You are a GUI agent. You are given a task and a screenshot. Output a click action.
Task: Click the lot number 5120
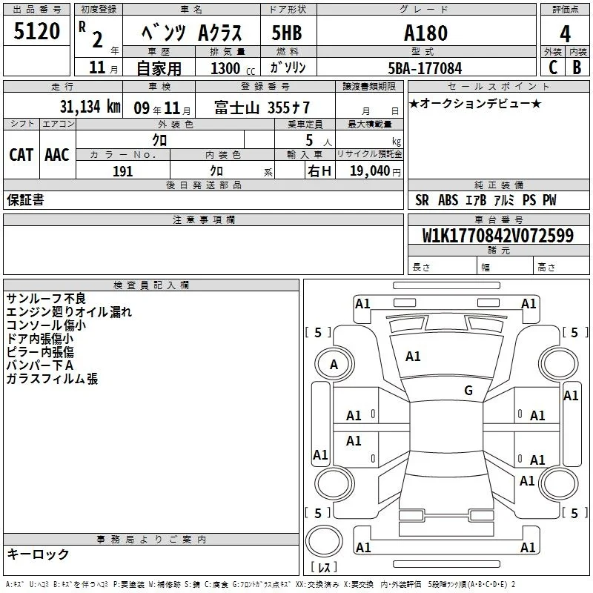click(x=36, y=31)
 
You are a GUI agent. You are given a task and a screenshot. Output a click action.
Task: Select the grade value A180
click(x=425, y=33)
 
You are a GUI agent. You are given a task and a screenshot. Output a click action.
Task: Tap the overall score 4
click(x=565, y=34)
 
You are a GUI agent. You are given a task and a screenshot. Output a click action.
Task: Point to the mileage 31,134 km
click(x=90, y=107)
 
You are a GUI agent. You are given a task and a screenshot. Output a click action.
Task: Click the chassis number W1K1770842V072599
click(x=498, y=236)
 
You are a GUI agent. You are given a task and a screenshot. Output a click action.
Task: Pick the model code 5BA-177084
click(x=425, y=68)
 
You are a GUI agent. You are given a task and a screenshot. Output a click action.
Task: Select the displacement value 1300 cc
click(x=233, y=68)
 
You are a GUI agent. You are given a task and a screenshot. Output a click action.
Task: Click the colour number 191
click(x=123, y=171)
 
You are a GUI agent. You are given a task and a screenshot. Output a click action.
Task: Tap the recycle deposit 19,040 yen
click(x=375, y=171)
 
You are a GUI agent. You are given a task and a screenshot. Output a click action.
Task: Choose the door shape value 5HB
click(x=287, y=33)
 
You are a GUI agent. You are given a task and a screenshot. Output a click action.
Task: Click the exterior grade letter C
click(x=553, y=67)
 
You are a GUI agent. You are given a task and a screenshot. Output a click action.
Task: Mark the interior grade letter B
click(x=577, y=67)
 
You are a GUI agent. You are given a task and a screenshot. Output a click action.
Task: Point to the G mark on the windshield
click(x=468, y=390)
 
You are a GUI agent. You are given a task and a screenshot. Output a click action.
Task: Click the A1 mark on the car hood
click(x=413, y=357)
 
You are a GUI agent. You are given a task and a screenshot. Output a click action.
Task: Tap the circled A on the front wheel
click(x=334, y=365)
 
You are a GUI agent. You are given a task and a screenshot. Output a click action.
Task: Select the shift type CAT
click(x=21, y=155)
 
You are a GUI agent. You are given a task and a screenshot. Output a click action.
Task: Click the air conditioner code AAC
click(x=57, y=155)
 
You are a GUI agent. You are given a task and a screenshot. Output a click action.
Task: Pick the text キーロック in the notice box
click(x=39, y=554)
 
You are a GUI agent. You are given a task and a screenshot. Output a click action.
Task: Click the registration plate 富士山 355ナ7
click(x=262, y=107)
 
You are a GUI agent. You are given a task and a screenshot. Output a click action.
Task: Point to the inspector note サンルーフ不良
click(x=46, y=299)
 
